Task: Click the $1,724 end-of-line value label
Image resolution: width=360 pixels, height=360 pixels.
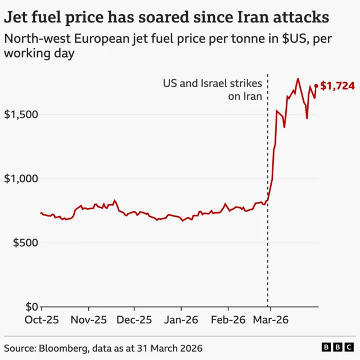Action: point(337,86)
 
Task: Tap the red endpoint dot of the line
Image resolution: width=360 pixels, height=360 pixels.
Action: point(316,86)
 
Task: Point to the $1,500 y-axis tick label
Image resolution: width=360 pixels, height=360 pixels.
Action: point(21,115)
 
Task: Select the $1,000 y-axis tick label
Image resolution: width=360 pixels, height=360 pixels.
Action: point(21,179)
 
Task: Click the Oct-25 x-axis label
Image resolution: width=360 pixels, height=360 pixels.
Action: point(42,319)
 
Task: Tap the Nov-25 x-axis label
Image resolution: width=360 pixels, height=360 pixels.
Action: point(88,319)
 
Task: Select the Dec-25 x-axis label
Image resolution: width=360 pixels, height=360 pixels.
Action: point(134,319)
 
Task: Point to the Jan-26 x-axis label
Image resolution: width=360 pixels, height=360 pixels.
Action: point(181,319)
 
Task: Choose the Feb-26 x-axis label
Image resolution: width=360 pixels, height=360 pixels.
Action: point(228,319)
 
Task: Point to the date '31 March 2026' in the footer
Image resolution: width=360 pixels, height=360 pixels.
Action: point(173,348)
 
